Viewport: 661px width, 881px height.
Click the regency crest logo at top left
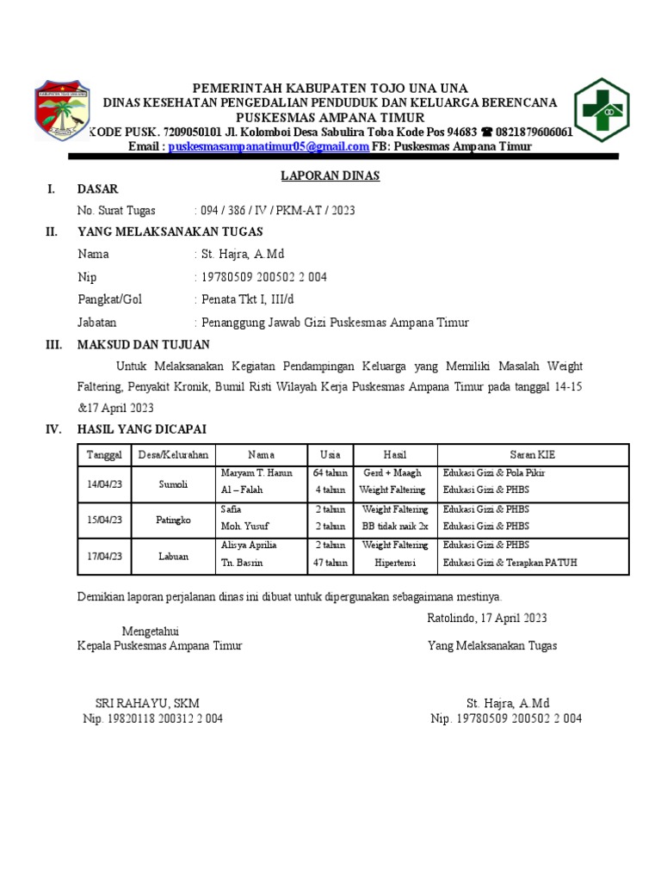(x=61, y=109)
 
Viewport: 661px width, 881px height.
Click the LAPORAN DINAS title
(x=330, y=176)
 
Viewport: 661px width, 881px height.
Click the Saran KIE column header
(x=534, y=454)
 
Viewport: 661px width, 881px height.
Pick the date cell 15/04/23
(x=105, y=519)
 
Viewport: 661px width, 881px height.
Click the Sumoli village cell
(x=173, y=485)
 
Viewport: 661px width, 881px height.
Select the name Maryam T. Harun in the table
(x=256, y=473)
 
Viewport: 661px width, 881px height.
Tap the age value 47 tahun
(x=330, y=564)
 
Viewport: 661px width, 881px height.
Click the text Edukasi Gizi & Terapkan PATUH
(x=510, y=564)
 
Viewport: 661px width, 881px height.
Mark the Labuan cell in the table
(x=173, y=557)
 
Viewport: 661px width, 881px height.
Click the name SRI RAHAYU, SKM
(x=147, y=703)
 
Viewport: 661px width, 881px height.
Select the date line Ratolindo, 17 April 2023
(x=486, y=618)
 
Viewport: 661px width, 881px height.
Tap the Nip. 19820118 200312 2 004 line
(x=152, y=719)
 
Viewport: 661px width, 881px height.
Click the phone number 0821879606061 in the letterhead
(x=534, y=132)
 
